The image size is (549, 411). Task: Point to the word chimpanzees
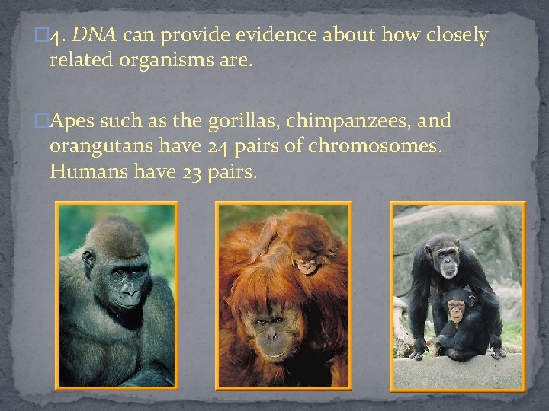348,120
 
